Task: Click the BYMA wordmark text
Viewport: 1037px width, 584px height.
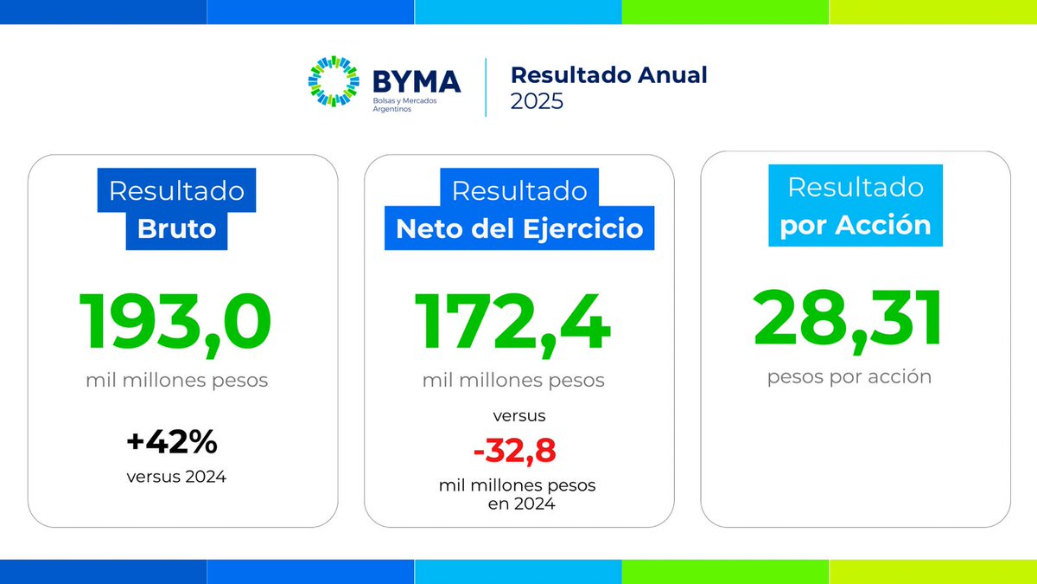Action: click(417, 82)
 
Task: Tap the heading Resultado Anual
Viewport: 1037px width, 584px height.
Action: click(608, 74)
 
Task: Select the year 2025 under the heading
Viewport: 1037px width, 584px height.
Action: click(537, 101)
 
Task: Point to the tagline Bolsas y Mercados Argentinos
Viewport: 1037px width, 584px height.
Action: click(404, 105)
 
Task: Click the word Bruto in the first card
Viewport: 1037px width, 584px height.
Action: click(176, 229)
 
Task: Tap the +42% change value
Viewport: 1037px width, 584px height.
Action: click(172, 442)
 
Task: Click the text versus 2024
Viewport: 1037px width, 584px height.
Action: click(176, 475)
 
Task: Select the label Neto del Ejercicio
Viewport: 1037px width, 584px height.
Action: click(519, 229)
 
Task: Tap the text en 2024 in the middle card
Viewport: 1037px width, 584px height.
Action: click(516, 504)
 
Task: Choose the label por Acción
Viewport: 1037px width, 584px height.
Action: click(856, 226)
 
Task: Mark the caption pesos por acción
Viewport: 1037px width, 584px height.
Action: click(849, 377)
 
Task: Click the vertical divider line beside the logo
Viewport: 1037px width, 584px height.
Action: click(486, 87)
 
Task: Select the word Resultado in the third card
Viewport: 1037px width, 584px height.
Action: click(856, 187)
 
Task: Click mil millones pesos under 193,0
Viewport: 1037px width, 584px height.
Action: click(176, 380)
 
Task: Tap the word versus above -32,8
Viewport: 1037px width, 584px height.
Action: click(517, 416)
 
